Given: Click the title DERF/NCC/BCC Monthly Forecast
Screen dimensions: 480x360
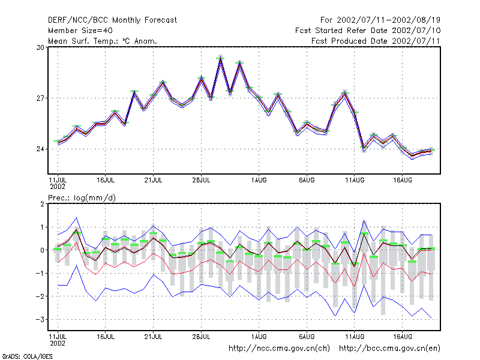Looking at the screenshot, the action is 112,20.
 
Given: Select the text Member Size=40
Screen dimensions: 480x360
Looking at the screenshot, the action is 80,31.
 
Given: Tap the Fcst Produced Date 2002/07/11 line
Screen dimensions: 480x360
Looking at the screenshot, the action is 376,41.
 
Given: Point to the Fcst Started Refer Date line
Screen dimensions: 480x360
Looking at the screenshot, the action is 368,31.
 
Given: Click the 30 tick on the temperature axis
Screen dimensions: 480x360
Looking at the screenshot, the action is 40,47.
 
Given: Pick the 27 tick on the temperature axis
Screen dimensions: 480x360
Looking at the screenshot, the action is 40,98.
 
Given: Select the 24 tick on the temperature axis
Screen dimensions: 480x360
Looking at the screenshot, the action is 40,149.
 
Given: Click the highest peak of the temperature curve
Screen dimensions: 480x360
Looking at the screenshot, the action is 220,58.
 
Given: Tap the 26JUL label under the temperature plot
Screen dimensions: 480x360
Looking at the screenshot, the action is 201,181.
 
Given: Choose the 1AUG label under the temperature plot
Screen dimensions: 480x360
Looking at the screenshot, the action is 259,181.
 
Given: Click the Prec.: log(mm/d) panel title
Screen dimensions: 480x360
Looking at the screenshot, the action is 82,198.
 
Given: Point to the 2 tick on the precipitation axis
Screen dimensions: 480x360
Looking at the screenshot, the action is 42,204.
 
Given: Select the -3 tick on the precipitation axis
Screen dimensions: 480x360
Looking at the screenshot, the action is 40,320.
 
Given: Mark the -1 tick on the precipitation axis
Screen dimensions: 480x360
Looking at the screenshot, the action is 40,274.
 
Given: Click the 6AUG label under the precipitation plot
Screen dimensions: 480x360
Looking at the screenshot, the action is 307,337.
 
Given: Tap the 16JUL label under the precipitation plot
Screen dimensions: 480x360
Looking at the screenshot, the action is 106,337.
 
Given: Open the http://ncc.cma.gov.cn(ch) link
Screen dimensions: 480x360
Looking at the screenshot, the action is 279,349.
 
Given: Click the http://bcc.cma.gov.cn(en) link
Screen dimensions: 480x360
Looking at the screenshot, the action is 389,349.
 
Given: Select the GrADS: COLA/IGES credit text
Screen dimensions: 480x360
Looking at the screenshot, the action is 28,356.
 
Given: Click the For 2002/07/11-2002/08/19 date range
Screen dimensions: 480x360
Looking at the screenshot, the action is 380,20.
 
